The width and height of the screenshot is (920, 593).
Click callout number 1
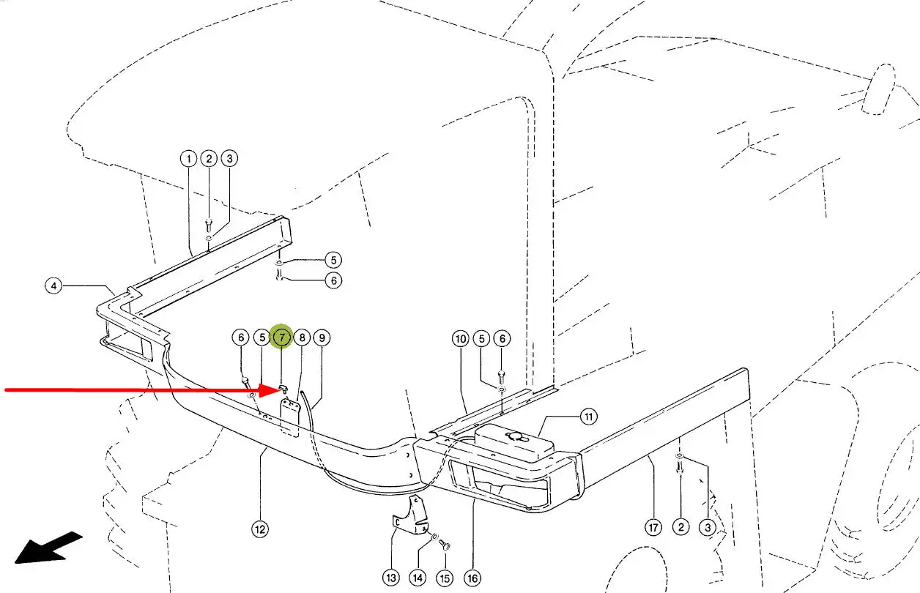(x=188, y=159)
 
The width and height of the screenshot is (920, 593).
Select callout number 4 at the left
(x=53, y=286)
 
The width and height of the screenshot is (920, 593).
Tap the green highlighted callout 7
(x=282, y=337)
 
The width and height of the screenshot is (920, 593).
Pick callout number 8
(x=302, y=337)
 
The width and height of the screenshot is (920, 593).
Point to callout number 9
(x=322, y=337)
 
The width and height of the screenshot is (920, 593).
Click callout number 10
(x=460, y=339)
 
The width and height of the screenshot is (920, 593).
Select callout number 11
(x=589, y=417)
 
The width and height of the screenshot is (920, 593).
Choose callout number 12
(x=260, y=529)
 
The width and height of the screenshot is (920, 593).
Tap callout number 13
(x=392, y=578)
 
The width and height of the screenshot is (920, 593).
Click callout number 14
(x=418, y=578)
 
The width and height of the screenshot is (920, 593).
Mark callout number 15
(x=445, y=578)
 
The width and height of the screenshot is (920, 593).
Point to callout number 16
(x=473, y=578)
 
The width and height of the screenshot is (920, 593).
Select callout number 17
(x=653, y=527)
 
